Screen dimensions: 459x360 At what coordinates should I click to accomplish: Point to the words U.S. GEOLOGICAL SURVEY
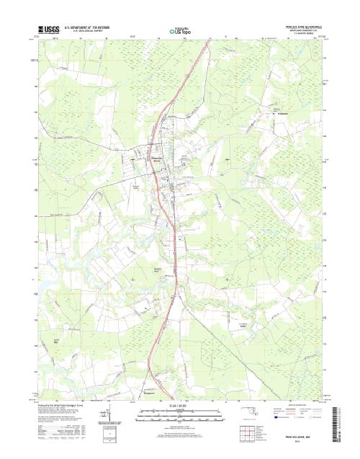85,32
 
